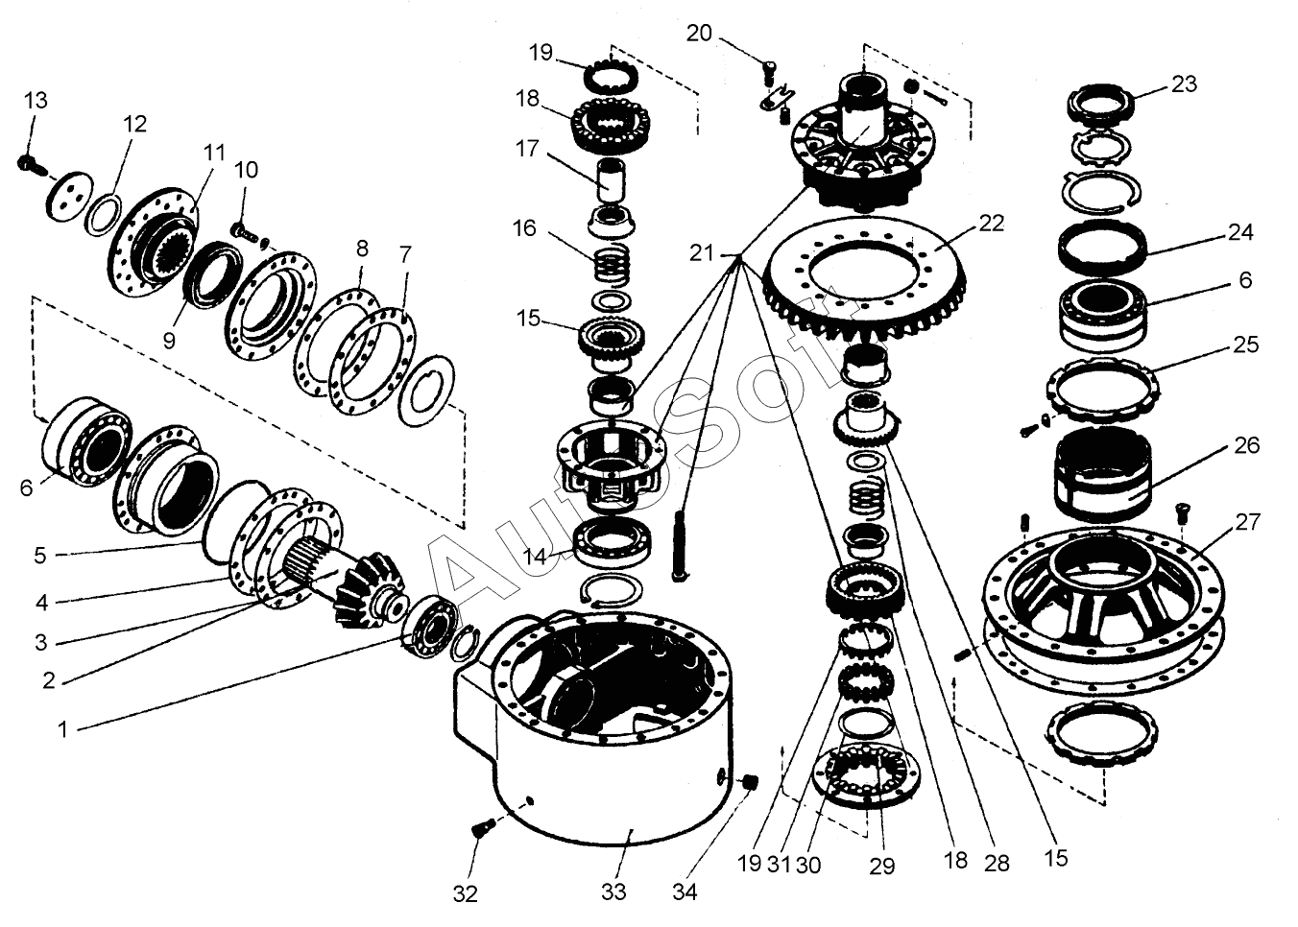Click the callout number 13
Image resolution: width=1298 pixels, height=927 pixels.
click(x=35, y=101)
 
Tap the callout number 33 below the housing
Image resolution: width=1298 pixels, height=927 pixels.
click(x=613, y=891)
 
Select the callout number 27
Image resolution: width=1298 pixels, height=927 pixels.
click(x=1248, y=523)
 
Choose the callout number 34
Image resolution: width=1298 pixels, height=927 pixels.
click(x=684, y=891)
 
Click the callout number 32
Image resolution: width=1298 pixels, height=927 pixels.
click(x=465, y=894)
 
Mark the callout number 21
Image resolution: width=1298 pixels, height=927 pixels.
click(x=703, y=252)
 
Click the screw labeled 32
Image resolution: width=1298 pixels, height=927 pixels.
click(x=482, y=826)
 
